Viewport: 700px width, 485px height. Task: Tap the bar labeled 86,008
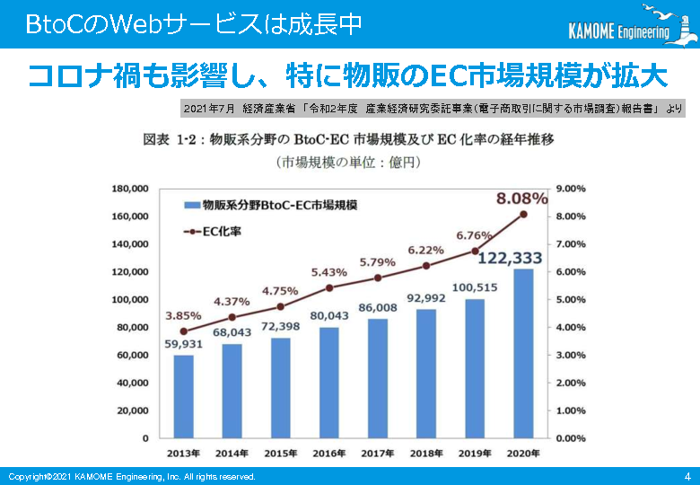click(378, 378)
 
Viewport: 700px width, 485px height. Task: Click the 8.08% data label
click(517, 198)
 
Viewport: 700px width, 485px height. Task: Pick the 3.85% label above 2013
click(182, 316)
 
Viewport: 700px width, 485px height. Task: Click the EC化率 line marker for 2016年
click(329, 287)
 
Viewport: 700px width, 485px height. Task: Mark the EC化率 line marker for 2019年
click(476, 251)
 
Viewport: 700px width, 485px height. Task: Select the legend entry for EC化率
click(212, 231)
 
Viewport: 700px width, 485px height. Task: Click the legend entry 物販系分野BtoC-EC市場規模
click(269, 205)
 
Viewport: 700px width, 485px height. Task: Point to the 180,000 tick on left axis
click(130, 189)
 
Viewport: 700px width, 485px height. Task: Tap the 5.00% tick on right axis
click(571, 300)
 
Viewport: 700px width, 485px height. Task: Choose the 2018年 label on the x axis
click(426, 454)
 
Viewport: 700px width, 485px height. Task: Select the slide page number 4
click(687, 476)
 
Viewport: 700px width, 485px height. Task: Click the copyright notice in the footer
click(132, 476)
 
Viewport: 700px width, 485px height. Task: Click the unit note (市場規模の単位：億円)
click(349, 163)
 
